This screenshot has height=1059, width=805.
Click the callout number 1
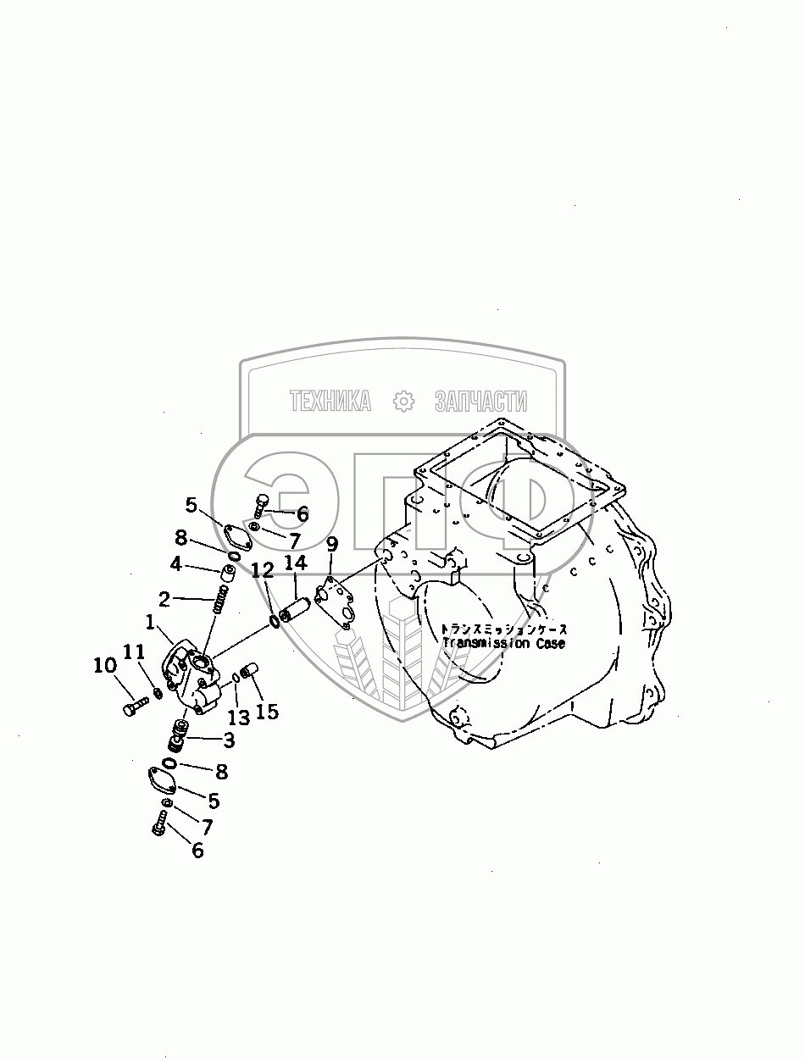click(149, 623)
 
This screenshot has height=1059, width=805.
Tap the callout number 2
click(164, 599)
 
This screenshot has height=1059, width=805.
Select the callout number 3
click(229, 740)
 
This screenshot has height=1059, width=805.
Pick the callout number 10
click(104, 667)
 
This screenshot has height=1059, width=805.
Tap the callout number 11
click(135, 651)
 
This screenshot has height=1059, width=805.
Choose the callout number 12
click(262, 570)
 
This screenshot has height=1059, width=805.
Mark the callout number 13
click(238, 718)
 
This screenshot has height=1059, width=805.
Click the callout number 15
click(266, 711)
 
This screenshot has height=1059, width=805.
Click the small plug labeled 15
click(249, 674)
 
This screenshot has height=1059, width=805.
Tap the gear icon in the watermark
click(402, 401)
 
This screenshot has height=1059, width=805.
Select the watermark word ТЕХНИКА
click(330, 401)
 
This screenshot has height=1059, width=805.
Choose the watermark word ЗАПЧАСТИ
click(480, 401)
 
